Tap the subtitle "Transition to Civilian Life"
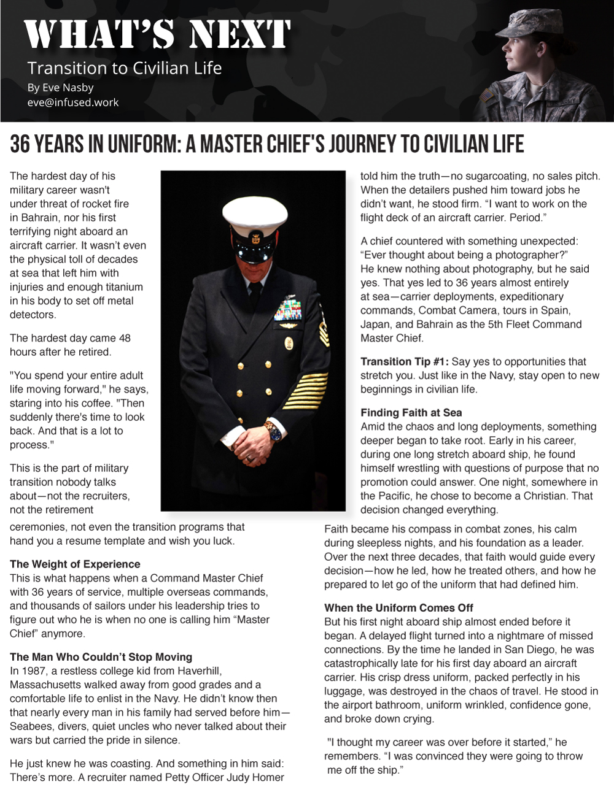[x=125, y=68]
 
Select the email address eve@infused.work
[x=73, y=102]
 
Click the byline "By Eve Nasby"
[x=60, y=87]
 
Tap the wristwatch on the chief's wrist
[x=273, y=431]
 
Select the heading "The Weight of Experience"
[x=75, y=564]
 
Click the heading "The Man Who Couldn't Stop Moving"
[x=101, y=657]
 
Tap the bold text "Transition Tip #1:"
[x=405, y=362]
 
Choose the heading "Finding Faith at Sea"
[x=411, y=413]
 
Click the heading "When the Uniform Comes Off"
[x=398, y=608]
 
